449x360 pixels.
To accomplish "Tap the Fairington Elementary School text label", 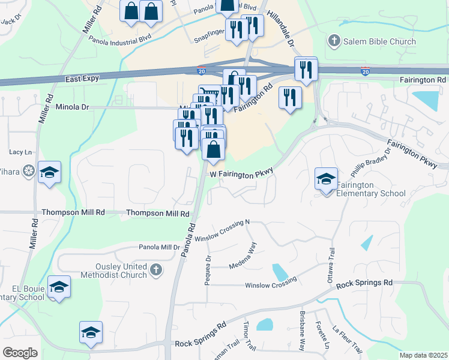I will [371, 189].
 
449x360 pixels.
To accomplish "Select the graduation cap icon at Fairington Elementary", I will [326, 179].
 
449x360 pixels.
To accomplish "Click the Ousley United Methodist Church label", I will [113, 271].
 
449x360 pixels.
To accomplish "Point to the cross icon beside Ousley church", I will [156, 269].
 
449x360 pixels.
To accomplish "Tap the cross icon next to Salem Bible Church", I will [334, 41].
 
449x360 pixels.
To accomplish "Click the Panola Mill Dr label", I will [159, 247].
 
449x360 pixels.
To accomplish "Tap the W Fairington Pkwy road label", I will [241, 173].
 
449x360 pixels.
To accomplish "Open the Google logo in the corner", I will [20, 353].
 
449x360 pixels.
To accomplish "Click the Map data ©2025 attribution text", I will [423, 355].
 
